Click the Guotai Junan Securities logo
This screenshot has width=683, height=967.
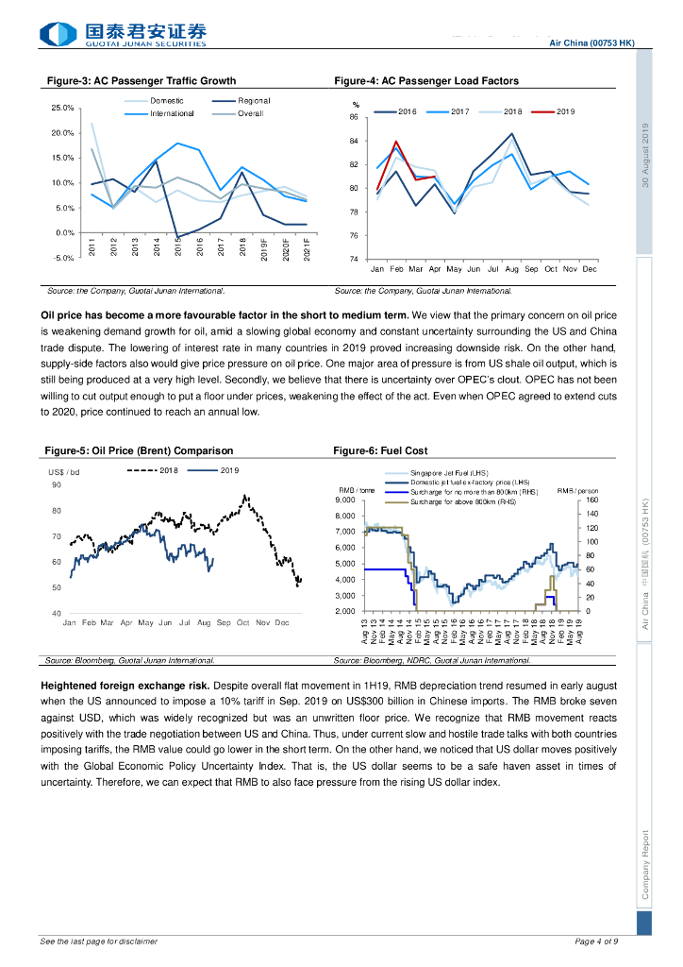(x=122, y=35)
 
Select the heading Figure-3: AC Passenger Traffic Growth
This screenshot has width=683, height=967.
(x=142, y=81)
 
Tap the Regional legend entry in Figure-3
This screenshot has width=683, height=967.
(x=253, y=101)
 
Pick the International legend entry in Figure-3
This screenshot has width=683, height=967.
(x=171, y=113)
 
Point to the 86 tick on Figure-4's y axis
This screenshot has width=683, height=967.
(x=353, y=118)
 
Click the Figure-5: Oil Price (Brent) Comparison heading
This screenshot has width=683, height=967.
(x=140, y=450)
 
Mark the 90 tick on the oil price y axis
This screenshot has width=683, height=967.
(x=56, y=484)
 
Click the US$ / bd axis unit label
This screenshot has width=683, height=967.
(x=64, y=471)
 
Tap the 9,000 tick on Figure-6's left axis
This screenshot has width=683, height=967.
(x=344, y=500)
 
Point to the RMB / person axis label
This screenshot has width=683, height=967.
(x=577, y=491)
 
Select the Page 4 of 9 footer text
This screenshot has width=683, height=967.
(x=596, y=942)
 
